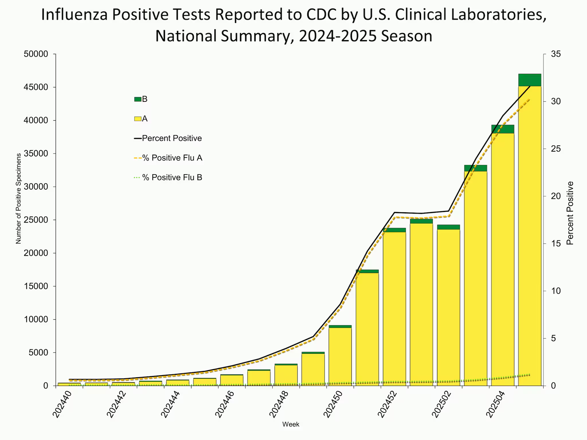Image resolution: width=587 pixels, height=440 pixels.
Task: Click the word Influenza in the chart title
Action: click(74, 15)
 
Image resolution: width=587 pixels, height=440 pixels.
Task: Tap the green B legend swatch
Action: click(138, 99)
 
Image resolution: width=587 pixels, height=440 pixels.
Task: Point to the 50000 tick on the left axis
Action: click(36, 54)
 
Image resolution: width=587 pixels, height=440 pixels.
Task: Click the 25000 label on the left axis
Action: click(36, 220)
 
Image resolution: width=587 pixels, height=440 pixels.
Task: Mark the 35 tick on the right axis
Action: click(556, 54)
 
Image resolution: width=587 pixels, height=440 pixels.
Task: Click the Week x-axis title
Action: click(291, 424)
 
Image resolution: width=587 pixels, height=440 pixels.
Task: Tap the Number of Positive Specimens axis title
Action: click(19, 199)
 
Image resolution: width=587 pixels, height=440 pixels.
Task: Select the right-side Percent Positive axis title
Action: click(570, 213)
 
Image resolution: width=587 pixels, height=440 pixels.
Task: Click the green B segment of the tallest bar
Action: click(530, 80)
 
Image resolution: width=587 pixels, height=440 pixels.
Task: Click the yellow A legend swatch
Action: click(138, 119)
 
